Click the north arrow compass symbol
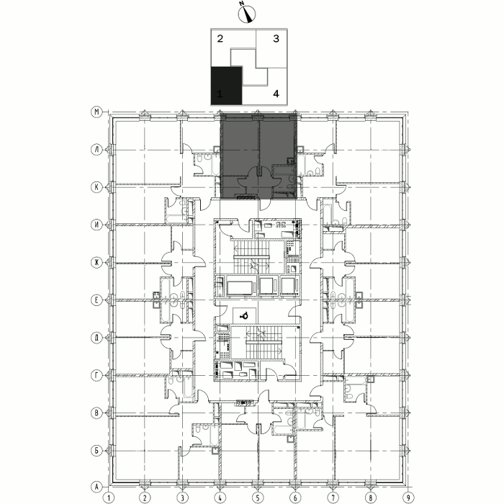point(247,14)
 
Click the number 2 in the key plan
point(220,39)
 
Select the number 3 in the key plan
point(276,39)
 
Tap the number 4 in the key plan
point(276,94)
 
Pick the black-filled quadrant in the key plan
point(226,86)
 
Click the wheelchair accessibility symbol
point(244,316)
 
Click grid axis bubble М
point(96,112)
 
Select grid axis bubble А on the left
point(96,487)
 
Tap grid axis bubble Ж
point(96,263)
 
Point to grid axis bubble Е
point(96,300)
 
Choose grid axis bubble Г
point(96,375)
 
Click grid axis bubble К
point(96,187)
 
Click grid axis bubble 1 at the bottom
point(109,498)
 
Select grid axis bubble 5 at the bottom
point(258,498)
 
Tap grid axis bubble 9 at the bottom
point(408,498)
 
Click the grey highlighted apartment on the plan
point(258,156)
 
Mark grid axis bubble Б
point(96,450)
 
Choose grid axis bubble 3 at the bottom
point(183,498)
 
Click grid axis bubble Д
point(96,338)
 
